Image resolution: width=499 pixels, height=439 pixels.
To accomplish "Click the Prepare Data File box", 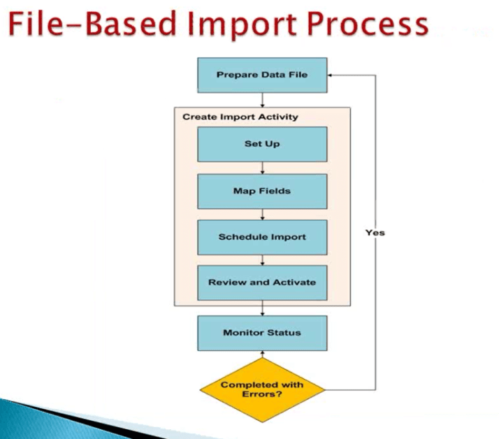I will click(261, 74).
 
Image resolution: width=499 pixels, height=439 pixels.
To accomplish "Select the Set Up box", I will click(261, 144).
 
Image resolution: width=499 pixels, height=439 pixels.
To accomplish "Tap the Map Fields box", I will click(261, 191).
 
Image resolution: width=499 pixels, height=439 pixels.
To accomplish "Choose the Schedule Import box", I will click(261, 237).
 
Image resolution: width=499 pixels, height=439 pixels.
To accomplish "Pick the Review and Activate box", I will click(261, 282).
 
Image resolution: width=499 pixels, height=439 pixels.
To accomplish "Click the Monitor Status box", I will click(261, 333).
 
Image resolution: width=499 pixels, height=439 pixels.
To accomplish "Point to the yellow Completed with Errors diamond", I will click(261, 389).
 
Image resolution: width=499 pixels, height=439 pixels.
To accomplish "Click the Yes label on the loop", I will click(375, 233).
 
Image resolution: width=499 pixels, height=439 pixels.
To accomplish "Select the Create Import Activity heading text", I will click(240, 117).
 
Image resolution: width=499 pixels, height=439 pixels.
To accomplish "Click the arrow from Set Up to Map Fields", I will click(261, 168).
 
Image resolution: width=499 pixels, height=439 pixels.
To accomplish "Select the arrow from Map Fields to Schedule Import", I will click(261, 214).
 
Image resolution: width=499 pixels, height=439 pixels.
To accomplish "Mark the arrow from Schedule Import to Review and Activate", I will click(261, 260).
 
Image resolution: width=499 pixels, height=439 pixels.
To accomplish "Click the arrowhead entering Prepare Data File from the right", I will click(331, 74).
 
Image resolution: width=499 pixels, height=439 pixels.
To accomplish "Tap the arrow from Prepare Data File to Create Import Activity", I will click(261, 99).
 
